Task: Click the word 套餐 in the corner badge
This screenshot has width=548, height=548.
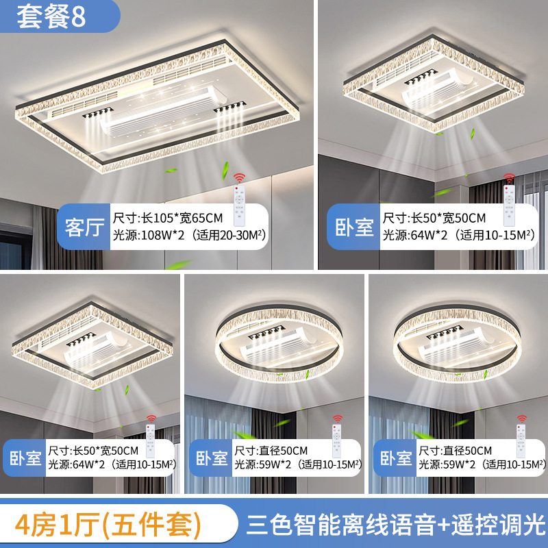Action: tap(43, 16)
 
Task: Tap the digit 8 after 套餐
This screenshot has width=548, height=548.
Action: tap(78, 16)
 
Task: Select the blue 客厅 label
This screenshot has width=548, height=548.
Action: tap(84, 227)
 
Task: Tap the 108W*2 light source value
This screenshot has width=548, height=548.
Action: tap(162, 235)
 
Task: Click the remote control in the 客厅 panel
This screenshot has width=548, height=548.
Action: tap(239, 206)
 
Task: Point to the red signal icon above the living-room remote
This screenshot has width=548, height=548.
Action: tap(239, 178)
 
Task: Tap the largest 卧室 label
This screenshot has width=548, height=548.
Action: tap(354, 227)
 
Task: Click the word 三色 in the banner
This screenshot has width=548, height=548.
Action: tap(269, 525)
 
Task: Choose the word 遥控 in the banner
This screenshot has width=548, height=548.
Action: tap(474, 525)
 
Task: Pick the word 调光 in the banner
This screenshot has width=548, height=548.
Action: tap(522, 525)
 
